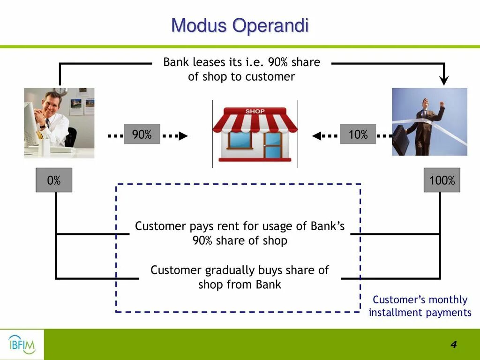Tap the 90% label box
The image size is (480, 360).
point(142,135)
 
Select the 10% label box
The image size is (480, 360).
point(358,135)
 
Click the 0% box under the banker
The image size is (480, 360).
point(54,180)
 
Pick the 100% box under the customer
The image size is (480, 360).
point(442,180)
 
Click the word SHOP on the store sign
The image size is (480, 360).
point(255,112)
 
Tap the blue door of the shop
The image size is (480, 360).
point(272,145)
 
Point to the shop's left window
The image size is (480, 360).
point(240,140)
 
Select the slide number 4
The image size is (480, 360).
point(453,345)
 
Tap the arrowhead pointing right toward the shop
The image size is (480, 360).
point(183,136)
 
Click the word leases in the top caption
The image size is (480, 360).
point(209,62)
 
